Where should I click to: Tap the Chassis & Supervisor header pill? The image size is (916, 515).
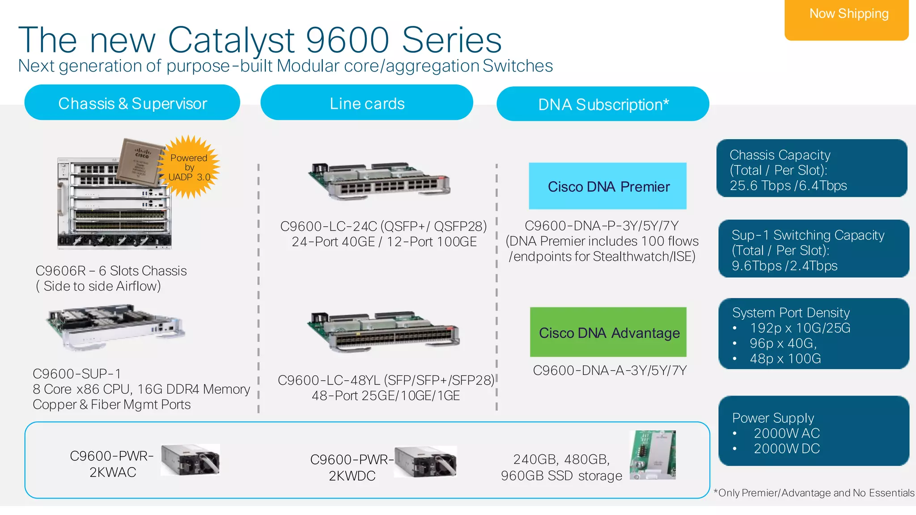[132, 103]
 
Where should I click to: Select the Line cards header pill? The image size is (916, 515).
[367, 103]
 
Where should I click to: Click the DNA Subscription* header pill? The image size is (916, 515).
[602, 104]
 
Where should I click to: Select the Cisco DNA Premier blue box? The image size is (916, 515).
[608, 186]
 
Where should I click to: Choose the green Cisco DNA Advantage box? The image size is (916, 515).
[608, 332]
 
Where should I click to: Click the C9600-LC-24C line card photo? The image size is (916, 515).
[380, 181]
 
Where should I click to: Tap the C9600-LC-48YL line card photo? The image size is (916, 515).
[383, 332]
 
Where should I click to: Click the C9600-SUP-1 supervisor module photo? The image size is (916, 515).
[115, 328]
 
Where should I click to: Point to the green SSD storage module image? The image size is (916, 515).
[653, 455]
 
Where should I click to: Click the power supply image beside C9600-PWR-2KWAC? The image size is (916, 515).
[190, 460]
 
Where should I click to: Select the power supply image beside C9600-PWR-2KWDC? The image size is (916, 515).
[425, 461]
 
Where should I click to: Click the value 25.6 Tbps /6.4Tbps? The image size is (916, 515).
[788, 186]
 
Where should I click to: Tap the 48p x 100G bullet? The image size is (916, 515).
[785, 358]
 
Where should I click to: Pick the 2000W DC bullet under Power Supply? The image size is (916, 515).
[786, 448]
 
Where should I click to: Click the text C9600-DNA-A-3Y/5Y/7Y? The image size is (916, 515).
[610, 370]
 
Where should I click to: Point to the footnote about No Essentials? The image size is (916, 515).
[814, 493]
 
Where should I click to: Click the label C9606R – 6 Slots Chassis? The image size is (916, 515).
[111, 271]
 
